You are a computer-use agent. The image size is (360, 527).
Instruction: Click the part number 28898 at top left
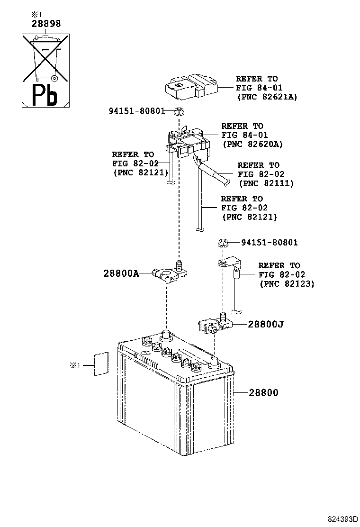pyautogui.click(x=46, y=23)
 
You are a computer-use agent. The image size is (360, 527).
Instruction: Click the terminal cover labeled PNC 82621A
pyautogui.click(x=191, y=87)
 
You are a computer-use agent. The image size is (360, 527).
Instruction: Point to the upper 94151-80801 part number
pyautogui.click(x=136, y=111)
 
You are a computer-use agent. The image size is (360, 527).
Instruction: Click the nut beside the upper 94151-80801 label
pyautogui.click(x=178, y=112)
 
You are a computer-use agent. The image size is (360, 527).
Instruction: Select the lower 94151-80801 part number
pyautogui.click(x=270, y=243)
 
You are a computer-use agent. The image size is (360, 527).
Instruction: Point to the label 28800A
pyautogui.click(x=121, y=273)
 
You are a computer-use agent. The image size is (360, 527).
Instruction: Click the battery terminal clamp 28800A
pyautogui.click(x=170, y=273)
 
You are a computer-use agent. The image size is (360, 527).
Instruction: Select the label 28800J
pyautogui.click(x=266, y=324)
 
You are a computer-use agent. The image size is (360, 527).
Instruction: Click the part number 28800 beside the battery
pyautogui.click(x=263, y=392)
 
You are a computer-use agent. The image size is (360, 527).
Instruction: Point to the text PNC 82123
pyautogui.click(x=287, y=283)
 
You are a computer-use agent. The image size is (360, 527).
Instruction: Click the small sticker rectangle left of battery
pyautogui.click(x=99, y=364)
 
